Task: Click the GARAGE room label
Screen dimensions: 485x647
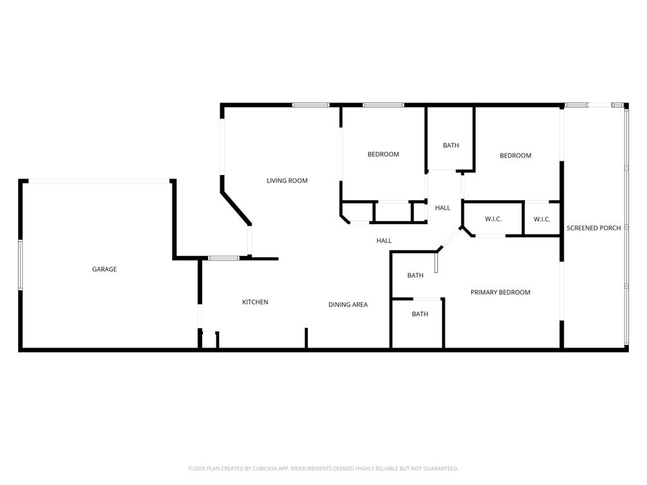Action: (104, 269)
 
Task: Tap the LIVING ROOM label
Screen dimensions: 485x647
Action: (287, 181)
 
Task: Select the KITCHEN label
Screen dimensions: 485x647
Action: (255, 302)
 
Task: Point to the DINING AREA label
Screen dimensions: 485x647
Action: (348, 304)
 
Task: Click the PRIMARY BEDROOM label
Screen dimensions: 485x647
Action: (500, 292)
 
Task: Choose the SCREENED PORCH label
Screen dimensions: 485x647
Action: (594, 228)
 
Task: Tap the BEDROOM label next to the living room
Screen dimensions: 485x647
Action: (383, 154)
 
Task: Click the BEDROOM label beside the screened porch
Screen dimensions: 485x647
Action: (515, 156)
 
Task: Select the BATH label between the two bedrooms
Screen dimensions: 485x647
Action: (451, 145)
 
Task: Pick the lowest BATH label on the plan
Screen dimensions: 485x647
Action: (420, 314)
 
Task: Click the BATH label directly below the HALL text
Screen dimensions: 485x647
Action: (415, 275)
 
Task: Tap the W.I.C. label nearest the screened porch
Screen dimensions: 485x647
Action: (542, 219)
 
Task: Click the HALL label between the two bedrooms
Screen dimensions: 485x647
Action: (442, 207)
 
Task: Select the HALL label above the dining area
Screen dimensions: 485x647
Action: (383, 240)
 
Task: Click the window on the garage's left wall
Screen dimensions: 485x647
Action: (20, 265)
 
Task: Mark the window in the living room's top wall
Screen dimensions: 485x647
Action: (311, 105)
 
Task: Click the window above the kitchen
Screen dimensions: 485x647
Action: (222, 258)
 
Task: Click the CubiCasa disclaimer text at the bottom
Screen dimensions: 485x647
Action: (323, 468)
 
